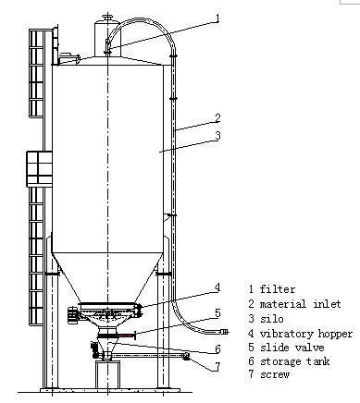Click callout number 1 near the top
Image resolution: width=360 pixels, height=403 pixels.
(217, 18)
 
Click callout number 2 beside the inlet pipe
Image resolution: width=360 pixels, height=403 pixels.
(217, 118)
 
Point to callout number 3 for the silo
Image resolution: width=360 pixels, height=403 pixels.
(217, 135)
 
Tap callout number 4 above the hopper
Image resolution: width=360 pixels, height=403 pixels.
(217, 287)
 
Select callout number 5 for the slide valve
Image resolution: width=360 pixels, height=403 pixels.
(217, 312)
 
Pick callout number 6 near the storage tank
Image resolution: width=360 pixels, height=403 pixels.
(217, 348)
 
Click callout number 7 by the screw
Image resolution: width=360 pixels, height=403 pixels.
(217, 367)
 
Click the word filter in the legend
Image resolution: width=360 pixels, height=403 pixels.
(278, 289)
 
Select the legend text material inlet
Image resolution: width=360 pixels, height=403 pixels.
(300, 304)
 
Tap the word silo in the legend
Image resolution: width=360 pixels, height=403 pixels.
(271, 318)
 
